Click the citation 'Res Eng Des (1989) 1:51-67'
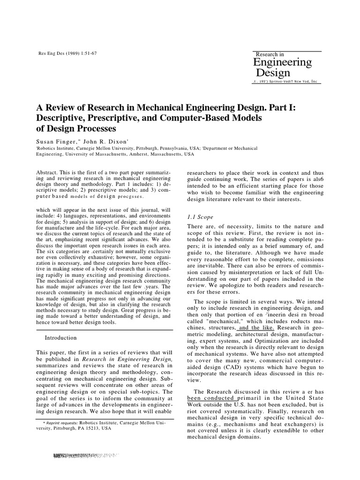click(x=67, y=53)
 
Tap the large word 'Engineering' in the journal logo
click(x=282, y=62)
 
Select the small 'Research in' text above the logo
click(x=270, y=54)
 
